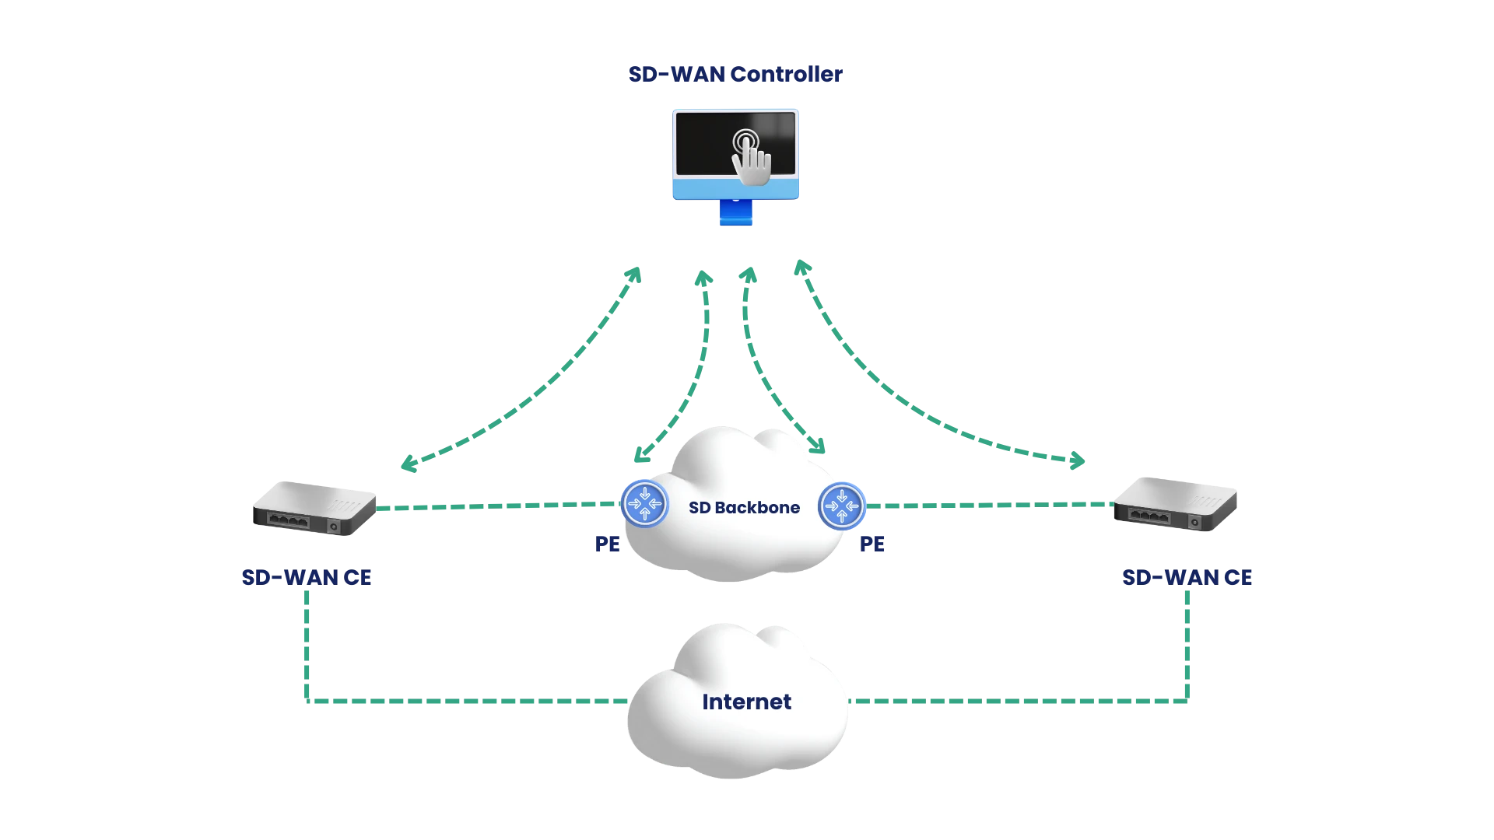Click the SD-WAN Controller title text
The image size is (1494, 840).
[x=736, y=75]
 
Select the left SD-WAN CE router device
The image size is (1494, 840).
[x=314, y=509]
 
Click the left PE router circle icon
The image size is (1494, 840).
[x=644, y=504]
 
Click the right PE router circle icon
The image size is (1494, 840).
[x=841, y=506]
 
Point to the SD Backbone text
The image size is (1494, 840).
[x=744, y=508]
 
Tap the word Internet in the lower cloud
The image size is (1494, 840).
[x=746, y=702]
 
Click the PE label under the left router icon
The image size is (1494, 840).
[x=606, y=544]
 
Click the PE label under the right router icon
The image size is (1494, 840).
[x=871, y=544]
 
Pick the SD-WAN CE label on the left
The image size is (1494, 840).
[x=307, y=577]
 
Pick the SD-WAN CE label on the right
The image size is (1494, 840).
[x=1188, y=577]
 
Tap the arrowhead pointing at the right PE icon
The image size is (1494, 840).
[x=819, y=446]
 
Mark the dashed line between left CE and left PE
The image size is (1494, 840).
[x=498, y=506]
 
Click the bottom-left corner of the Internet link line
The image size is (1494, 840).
[x=306, y=702]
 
